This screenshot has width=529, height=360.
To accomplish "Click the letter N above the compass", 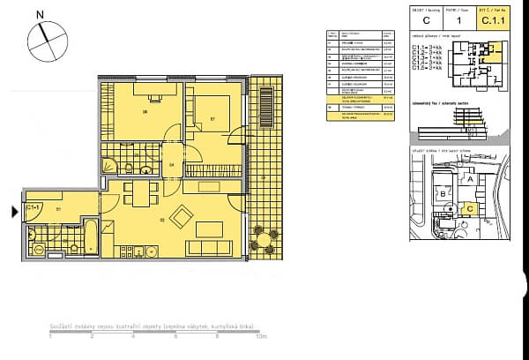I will coord(40,15).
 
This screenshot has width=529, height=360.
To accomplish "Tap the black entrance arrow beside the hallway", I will coord(12,211).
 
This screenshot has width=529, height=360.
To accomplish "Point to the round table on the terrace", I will coord(262,237).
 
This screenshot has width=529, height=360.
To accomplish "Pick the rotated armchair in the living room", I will coord(185,216).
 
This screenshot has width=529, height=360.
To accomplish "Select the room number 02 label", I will coord(161,219).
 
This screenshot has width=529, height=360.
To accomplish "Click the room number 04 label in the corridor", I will coord(173,164).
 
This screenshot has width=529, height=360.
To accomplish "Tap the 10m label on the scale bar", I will coord(260,336).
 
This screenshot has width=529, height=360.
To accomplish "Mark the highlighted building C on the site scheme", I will coord(470,208).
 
